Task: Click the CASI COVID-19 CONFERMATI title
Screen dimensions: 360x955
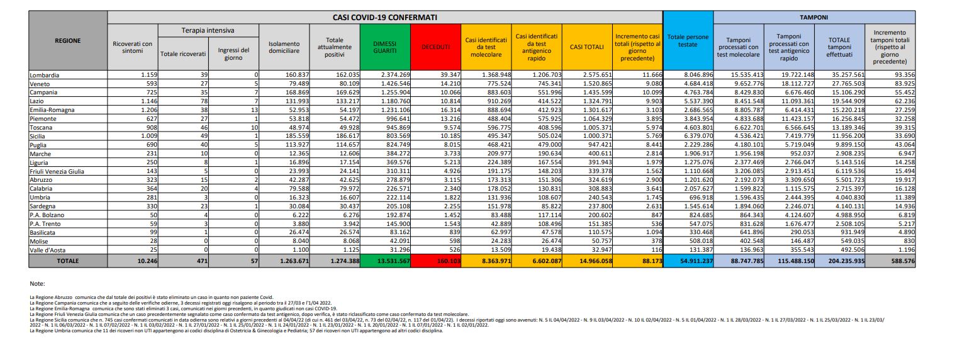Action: point(385,17)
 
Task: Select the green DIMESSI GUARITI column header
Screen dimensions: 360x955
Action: point(384,46)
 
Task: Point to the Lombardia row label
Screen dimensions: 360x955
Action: point(45,75)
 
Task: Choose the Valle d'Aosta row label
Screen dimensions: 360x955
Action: point(47,250)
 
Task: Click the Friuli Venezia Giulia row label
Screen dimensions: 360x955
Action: point(57,171)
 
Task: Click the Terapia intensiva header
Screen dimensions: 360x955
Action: point(208,30)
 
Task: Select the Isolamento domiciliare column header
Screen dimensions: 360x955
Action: point(284,46)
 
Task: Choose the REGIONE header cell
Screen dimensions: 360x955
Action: point(67,40)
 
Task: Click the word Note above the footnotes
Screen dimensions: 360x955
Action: point(37,284)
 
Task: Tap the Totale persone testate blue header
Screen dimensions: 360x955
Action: point(688,41)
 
